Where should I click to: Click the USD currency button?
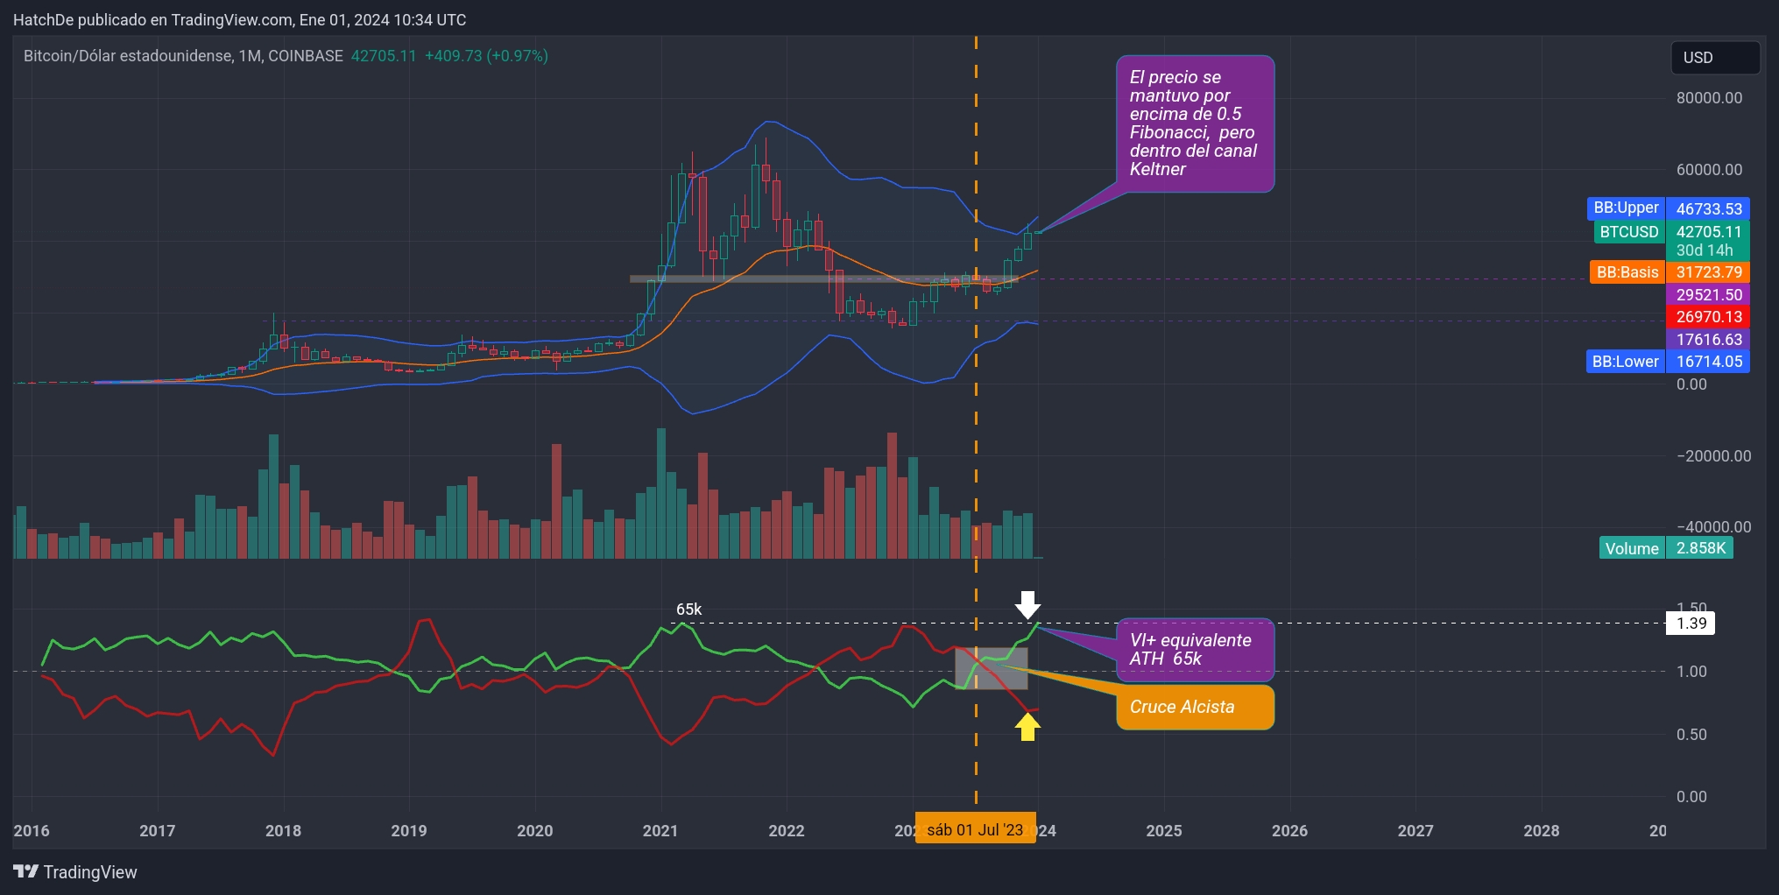[1714, 58]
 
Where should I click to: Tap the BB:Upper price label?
[1626, 208]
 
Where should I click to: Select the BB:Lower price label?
[1625, 362]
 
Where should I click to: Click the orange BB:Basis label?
[1627, 272]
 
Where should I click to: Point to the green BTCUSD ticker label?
[1628, 232]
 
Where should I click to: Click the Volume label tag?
[1631, 548]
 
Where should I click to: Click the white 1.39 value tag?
[1691, 624]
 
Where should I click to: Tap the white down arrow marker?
[1027, 604]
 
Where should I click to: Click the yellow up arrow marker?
[1027, 727]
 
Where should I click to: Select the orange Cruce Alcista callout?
[1194, 707]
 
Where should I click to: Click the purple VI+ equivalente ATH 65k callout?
[1194, 650]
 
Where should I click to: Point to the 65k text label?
[688, 610]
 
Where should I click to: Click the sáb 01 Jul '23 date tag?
[975, 829]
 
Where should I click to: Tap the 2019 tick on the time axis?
[409, 830]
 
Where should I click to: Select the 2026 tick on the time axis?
[1289, 830]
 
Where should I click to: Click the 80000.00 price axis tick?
[1709, 98]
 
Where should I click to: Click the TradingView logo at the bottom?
[75, 872]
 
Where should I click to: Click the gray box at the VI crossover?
[991, 668]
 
